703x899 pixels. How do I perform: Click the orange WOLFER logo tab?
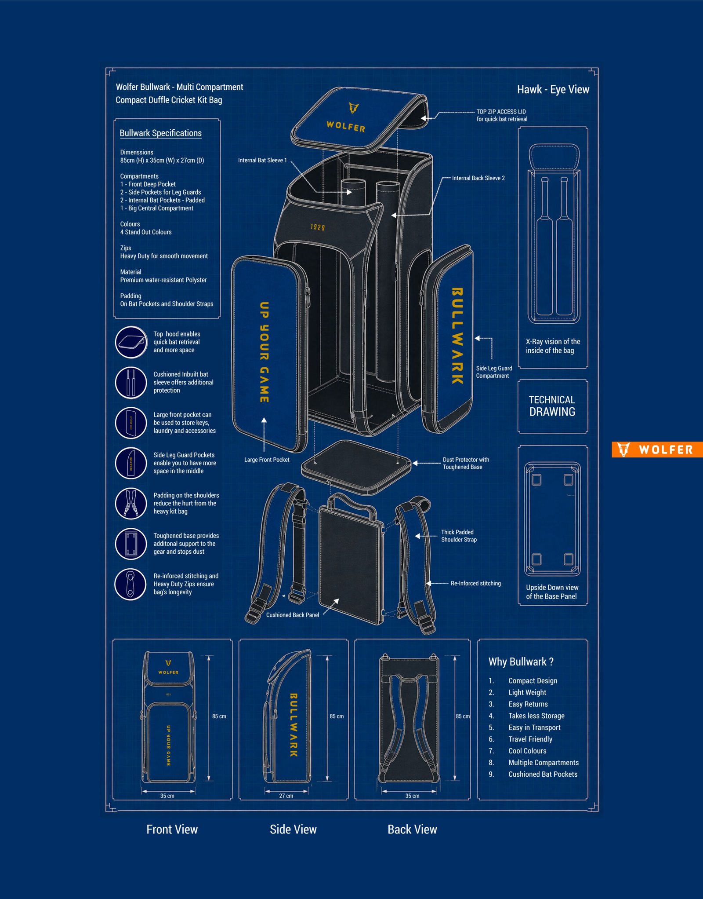pos(657,449)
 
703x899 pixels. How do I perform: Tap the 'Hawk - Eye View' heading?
pos(553,90)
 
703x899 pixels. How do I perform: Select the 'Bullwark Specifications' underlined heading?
pos(160,133)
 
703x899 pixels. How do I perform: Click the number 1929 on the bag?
pos(317,227)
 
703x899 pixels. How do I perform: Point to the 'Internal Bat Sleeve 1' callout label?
pos(262,161)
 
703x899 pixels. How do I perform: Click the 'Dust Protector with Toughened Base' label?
pos(465,463)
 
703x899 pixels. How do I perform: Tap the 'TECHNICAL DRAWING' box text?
pos(552,406)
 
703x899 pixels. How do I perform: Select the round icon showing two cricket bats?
pos(131,383)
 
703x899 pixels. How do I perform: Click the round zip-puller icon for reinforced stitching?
pos(130,584)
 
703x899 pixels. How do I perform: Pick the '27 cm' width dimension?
pos(286,796)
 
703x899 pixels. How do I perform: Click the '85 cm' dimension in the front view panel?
pos(219,716)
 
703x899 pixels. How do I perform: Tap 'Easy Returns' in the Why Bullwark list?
pos(528,704)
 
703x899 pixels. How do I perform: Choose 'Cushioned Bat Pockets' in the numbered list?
pos(543,774)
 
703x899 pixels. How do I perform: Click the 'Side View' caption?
pos(293,830)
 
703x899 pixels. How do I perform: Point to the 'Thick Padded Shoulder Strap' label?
pos(458,536)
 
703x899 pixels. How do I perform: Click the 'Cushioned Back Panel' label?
pos(293,615)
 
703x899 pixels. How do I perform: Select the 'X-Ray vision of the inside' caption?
pos(552,346)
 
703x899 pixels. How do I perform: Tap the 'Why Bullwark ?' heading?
pos(521,662)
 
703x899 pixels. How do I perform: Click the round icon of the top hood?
pos(131,342)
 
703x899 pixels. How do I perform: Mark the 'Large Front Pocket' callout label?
pos(267,460)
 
